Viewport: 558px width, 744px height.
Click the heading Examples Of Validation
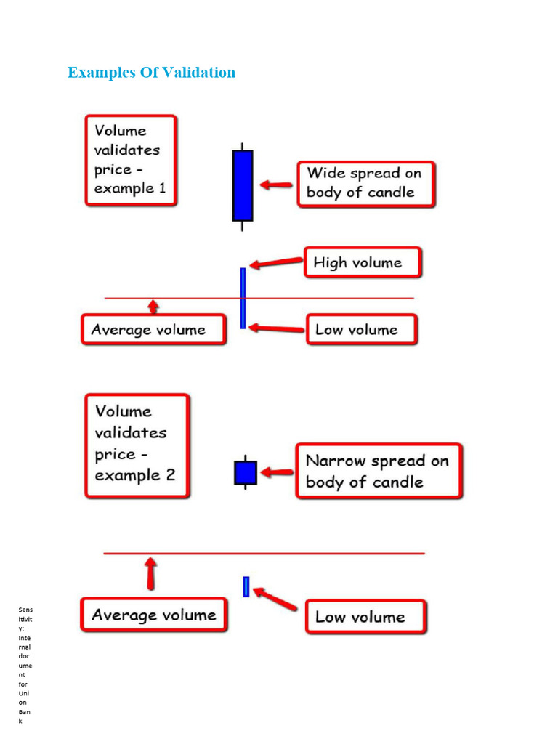point(151,73)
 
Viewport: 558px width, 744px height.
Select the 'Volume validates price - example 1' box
point(131,160)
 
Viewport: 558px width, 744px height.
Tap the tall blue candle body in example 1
point(243,185)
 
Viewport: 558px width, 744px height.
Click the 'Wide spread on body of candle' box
point(365,184)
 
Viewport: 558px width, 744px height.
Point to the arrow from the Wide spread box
point(276,185)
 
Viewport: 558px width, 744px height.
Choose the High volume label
point(362,263)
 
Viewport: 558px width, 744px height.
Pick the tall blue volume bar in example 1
point(243,298)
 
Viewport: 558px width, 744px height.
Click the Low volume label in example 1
point(361,330)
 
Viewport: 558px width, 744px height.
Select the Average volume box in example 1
point(153,330)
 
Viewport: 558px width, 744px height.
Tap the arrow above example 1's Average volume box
point(153,306)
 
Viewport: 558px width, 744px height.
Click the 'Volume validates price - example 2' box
point(137,445)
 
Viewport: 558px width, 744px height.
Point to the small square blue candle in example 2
point(246,472)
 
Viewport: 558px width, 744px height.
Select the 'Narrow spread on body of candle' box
point(378,472)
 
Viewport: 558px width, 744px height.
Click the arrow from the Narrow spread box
point(277,472)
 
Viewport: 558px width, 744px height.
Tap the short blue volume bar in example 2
point(246,586)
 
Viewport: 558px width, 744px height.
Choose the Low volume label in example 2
point(365,617)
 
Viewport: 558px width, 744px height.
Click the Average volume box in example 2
point(153,615)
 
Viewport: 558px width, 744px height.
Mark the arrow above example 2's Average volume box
point(150,573)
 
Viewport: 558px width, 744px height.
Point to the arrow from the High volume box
point(276,264)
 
